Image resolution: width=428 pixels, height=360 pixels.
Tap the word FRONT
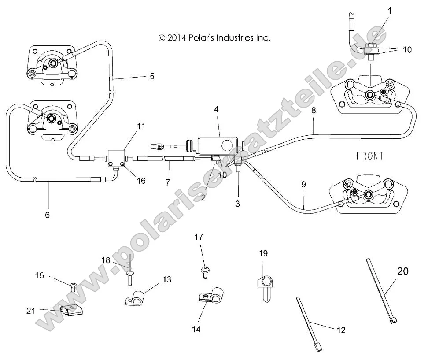tap(370, 156)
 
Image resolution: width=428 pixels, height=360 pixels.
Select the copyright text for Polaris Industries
tap(214, 38)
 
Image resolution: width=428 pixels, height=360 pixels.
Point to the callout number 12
tap(341, 330)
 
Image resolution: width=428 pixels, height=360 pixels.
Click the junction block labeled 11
tap(117, 158)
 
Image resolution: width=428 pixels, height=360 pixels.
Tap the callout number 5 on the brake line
tap(151, 76)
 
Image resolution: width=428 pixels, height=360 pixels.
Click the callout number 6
tap(48, 215)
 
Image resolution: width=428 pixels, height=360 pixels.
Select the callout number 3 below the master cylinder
tap(238, 192)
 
